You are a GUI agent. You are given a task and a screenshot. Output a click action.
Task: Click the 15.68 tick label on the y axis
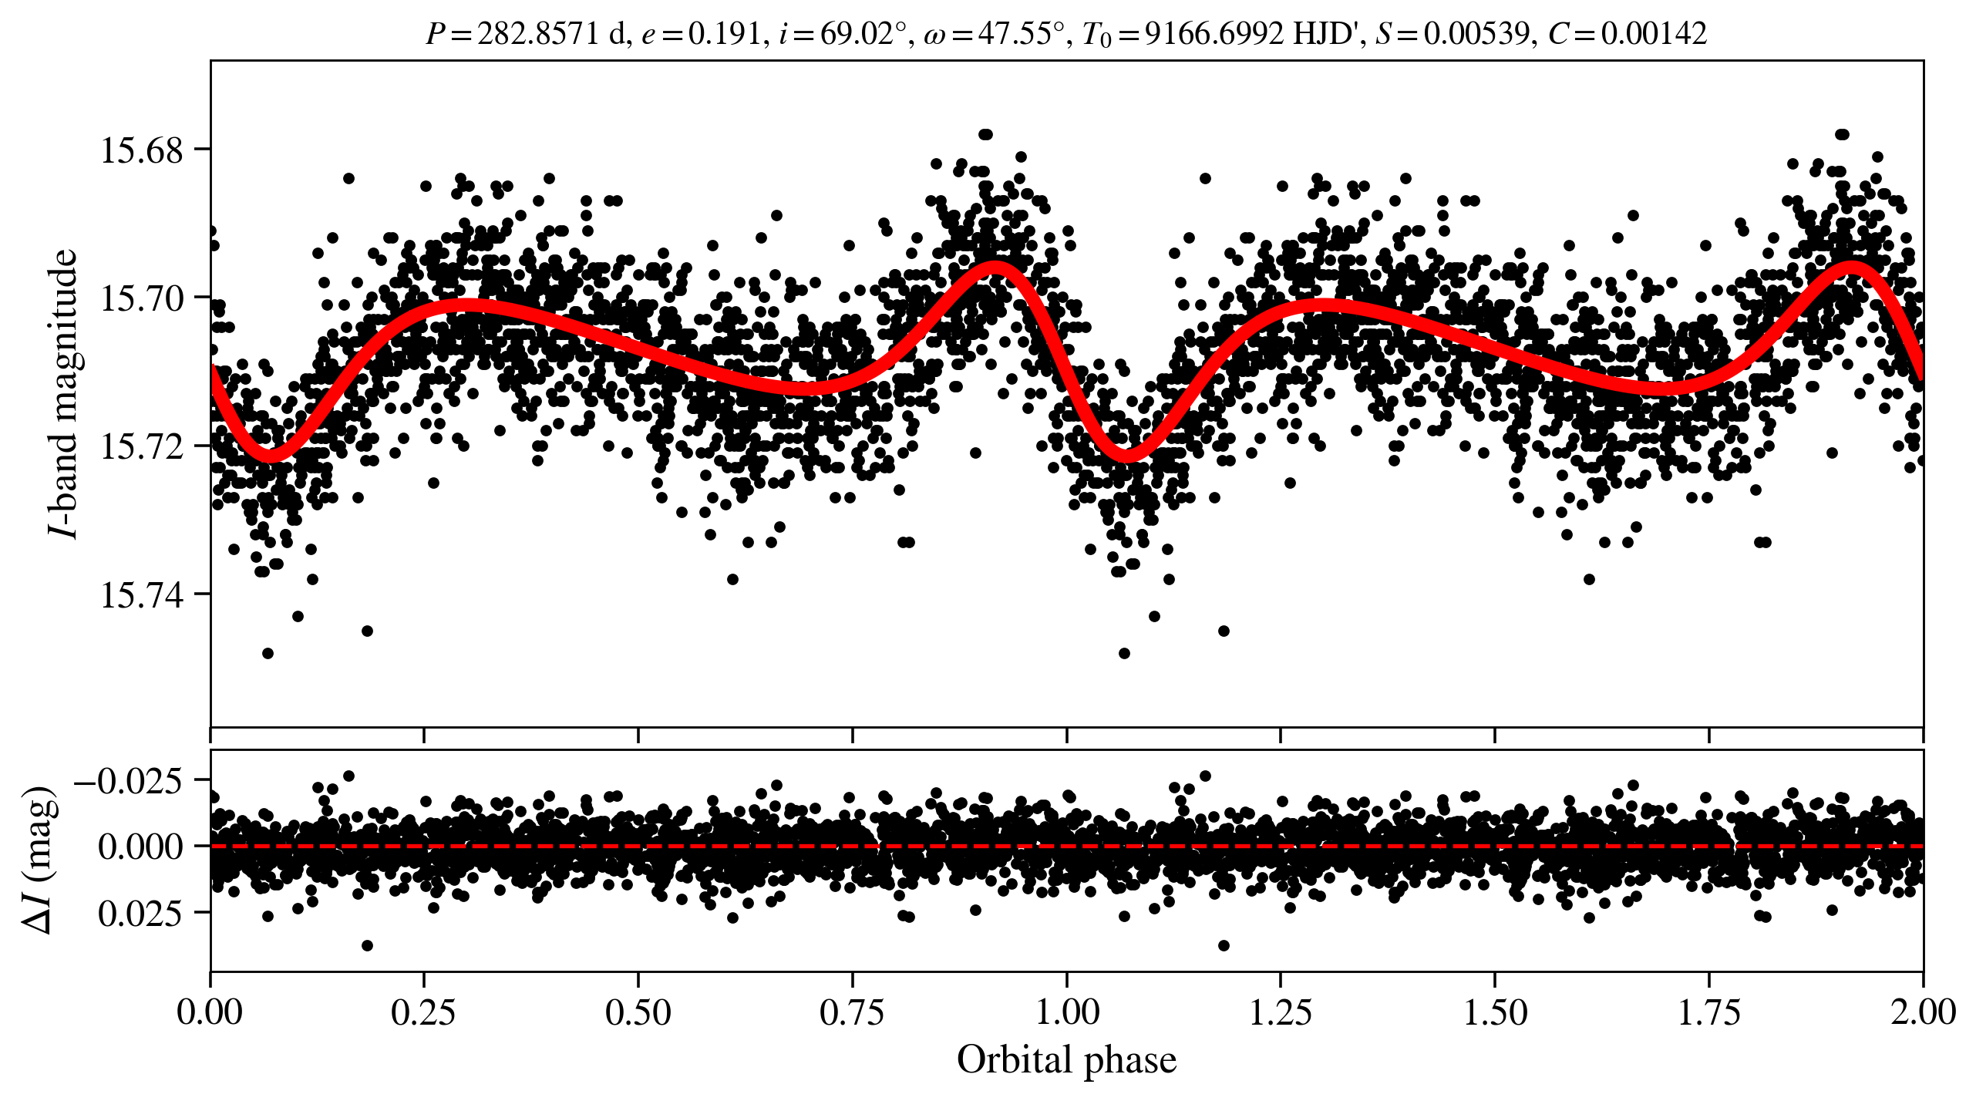tap(142, 150)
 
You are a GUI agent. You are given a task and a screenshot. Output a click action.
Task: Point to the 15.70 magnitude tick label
tap(142, 298)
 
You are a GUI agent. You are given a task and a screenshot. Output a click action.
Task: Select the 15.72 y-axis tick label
tap(142, 446)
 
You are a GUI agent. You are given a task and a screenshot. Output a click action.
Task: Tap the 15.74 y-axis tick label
tap(142, 595)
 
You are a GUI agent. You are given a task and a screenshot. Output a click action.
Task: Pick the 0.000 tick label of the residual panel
tap(140, 847)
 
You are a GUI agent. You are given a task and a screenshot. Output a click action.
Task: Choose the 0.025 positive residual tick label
tap(140, 914)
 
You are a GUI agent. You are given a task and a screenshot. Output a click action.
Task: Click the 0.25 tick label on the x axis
tap(424, 1012)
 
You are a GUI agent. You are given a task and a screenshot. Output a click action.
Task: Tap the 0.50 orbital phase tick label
tap(638, 1012)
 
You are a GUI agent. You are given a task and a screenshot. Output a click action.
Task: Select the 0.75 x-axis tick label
tap(853, 1012)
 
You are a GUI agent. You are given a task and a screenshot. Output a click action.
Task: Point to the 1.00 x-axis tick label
tap(1067, 1012)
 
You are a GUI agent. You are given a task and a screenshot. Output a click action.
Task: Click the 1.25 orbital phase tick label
tap(1281, 1012)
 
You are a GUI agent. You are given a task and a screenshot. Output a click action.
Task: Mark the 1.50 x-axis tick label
tap(1495, 1012)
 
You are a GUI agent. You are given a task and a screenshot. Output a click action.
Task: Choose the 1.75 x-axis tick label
tap(1709, 1012)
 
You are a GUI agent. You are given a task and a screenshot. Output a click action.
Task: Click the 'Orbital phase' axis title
tap(1067, 1059)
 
